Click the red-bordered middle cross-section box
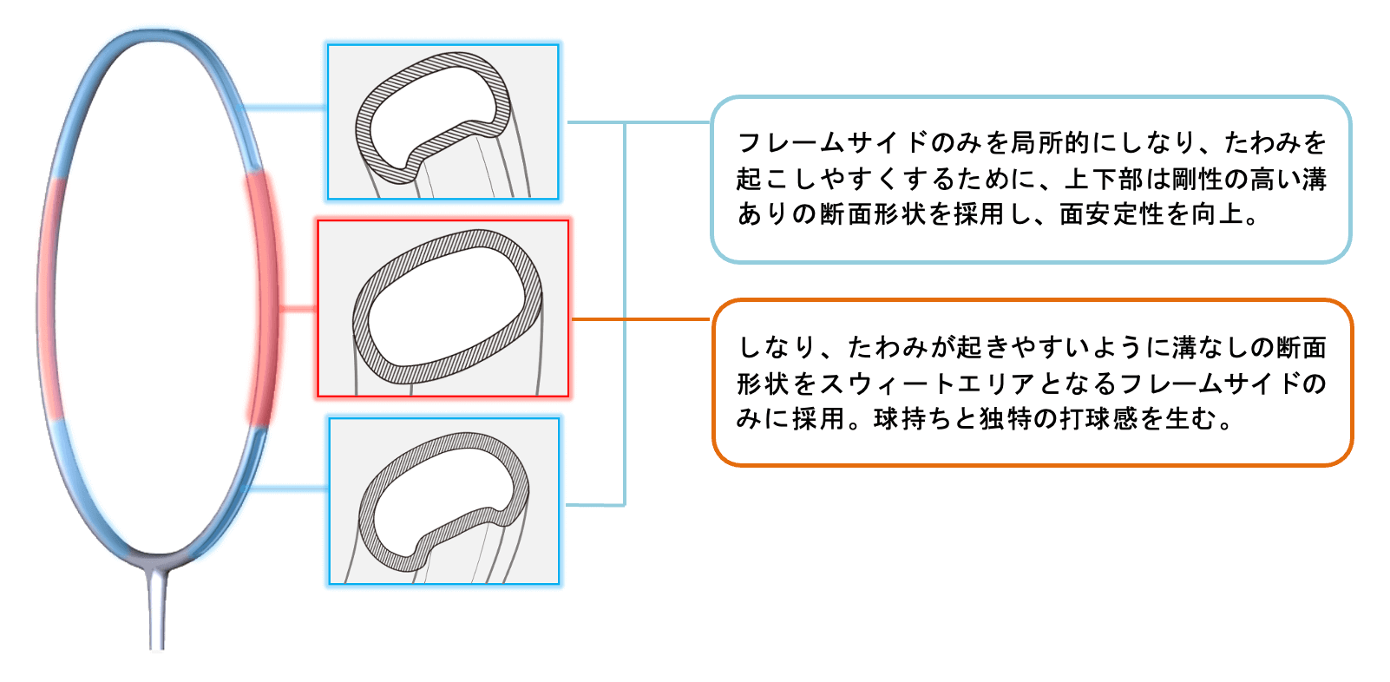(x=443, y=308)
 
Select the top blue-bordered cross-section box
(x=443, y=122)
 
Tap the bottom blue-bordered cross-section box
(x=443, y=501)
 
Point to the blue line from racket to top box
(x=284, y=108)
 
